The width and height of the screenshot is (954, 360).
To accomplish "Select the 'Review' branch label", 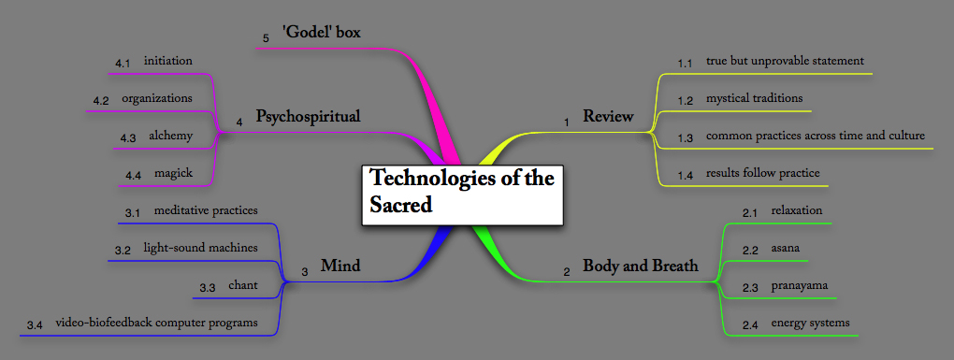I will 608,117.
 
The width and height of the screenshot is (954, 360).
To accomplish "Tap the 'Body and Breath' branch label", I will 640,266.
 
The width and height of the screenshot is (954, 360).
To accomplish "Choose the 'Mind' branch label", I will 340,266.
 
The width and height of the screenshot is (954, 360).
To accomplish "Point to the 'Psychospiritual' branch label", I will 308,117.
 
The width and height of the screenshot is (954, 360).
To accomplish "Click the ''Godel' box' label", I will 321,33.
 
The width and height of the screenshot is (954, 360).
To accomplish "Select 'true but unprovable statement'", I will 784,61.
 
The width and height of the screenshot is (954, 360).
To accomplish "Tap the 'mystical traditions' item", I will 754,97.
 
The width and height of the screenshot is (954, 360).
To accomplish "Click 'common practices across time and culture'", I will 815,136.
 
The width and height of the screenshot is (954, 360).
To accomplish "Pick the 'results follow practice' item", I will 762,173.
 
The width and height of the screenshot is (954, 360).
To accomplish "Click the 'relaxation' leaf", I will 796,210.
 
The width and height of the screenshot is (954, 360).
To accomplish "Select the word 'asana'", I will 784,249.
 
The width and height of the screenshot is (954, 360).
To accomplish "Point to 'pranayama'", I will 798,285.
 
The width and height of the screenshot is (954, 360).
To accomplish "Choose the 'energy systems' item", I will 810,323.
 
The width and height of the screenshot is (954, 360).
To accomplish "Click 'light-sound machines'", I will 195,249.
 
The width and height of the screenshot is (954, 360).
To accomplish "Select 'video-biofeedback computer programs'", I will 156,323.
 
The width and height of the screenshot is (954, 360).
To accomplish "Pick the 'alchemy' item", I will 170,136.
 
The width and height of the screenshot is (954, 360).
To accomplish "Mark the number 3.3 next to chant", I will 208,286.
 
